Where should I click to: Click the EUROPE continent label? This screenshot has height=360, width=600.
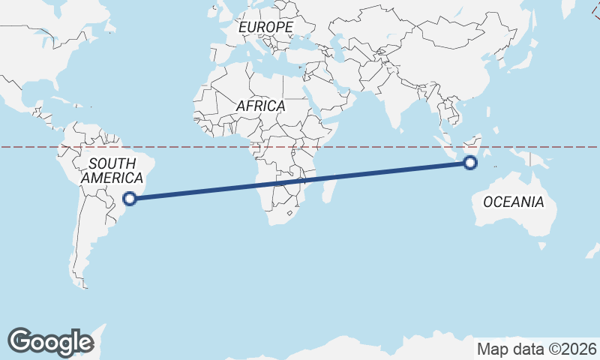[265, 28]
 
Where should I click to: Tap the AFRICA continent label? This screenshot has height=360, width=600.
[260, 106]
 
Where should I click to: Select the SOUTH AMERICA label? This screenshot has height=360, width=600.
[112, 171]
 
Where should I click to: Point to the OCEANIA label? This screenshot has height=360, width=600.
[513, 202]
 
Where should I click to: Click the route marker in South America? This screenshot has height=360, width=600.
[130, 199]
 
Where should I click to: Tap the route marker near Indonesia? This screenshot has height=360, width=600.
[471, 162]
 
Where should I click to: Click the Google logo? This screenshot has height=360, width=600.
[50, 342]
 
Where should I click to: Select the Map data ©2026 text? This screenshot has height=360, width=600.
[536, 349]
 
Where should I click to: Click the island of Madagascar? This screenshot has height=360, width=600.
[328, 188]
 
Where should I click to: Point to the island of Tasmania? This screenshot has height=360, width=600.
[541, 244]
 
